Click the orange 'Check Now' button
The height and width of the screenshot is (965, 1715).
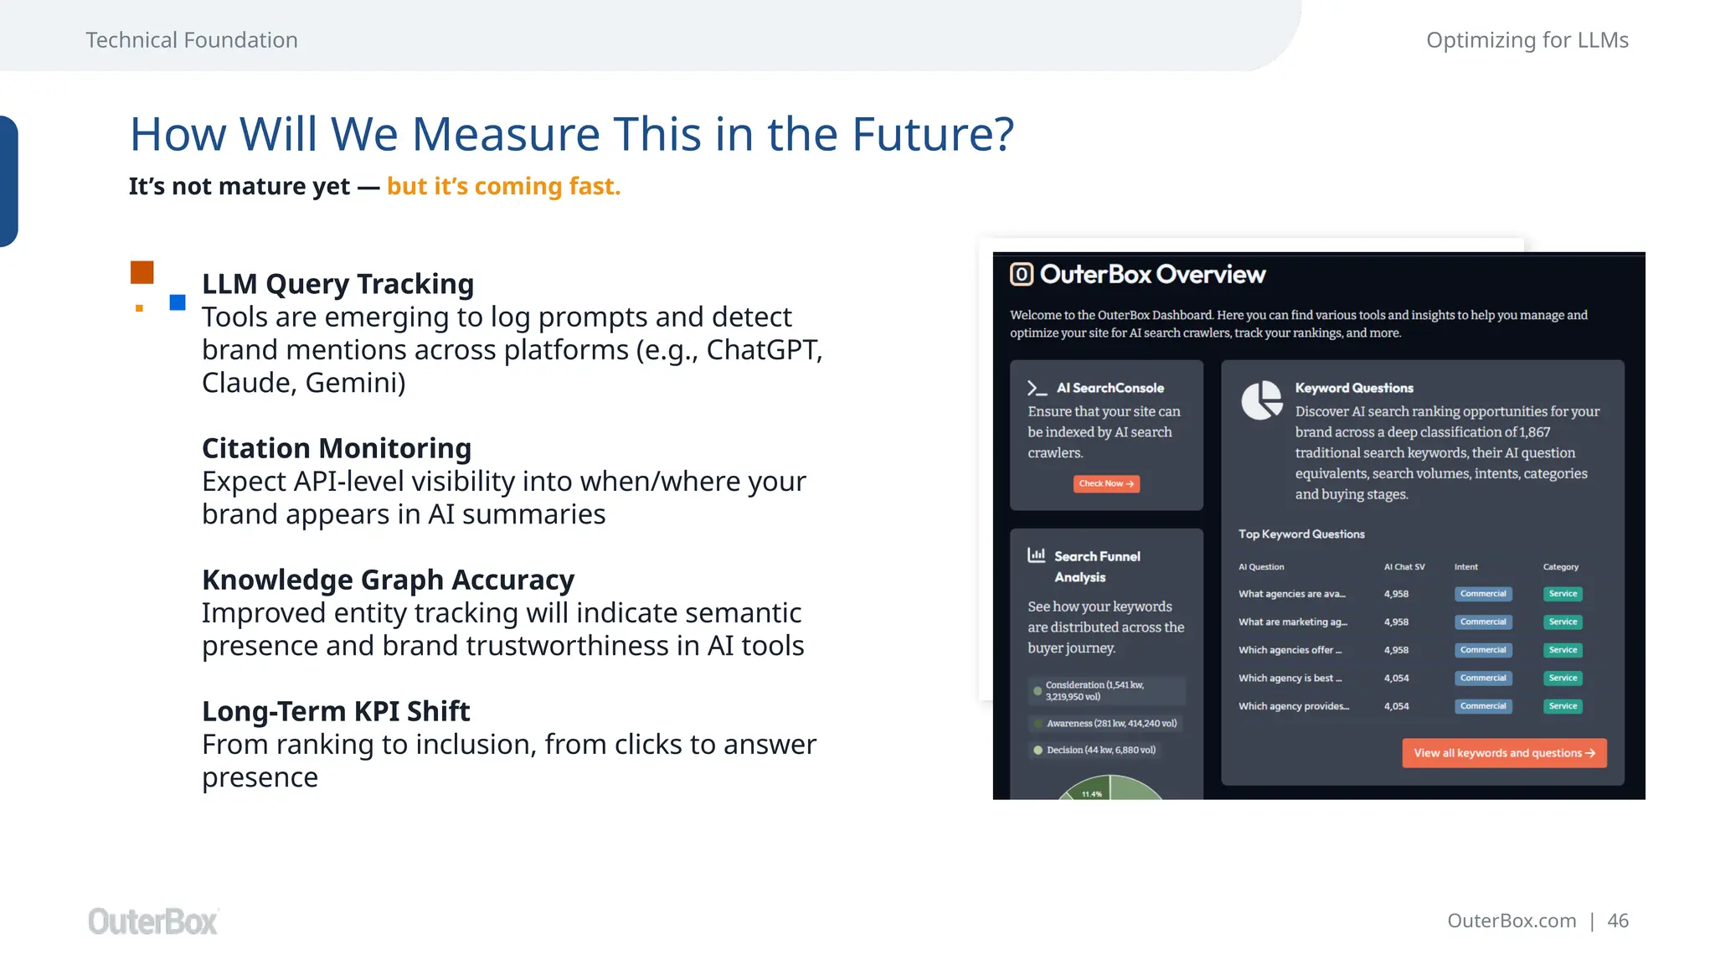pyautogui.click(x=1106, y=484)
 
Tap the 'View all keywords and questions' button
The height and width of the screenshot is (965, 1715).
pyautogui.click(x=1504, y=753)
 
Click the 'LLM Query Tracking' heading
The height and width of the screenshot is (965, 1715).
pyautogui.click(x=337, y=284)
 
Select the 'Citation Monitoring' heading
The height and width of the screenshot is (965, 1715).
pyautogui.click(x=337, y=448)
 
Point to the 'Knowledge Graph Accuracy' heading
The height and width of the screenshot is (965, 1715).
pyautogui.click(x=388, y=580)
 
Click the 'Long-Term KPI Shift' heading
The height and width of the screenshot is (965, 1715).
pyautogui.click(x=336, y=711)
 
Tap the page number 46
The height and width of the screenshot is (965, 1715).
pyautogui.click(x=1618, y=921)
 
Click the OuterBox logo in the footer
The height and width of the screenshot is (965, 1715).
pyautogui.click(x=153, y=921)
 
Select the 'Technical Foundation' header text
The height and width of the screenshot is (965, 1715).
pyautogui.click(x=192, y=40)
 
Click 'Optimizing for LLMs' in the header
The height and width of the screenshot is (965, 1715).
pyautogui.click(x=1527, y=40)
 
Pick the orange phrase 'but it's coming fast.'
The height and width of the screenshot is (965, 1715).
pyautogui.click(x=503, y=186)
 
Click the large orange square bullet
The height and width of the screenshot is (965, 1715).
pyautogui.click(x=142, y=272)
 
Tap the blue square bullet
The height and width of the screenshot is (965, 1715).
pyautogui.click(x=178, y=302)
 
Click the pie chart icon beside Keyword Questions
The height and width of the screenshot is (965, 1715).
pyautogui.click(x=1261, y=400)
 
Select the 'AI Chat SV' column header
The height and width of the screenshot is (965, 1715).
pyautogui.click(x=1404, y=567)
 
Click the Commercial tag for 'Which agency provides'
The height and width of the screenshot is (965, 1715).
pyautogui.click(x=1483, y=706)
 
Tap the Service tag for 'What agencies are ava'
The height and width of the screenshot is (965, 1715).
pyautogui.click(x=1563, y=594)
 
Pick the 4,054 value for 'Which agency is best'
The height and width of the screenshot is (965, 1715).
pyautogui.click(x=1396, y=679)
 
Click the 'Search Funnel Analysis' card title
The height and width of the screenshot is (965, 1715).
pyautogui.click(x=1096, y=566)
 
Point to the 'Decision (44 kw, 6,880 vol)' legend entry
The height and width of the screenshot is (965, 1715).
pyautogui.click(x=1100, y=750)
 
